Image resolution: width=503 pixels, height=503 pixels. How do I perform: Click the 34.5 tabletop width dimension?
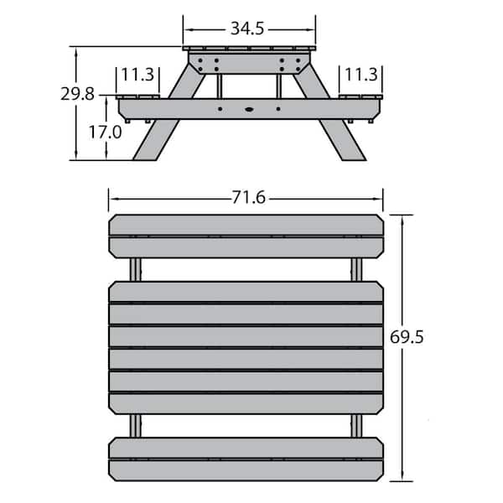coord(247,29)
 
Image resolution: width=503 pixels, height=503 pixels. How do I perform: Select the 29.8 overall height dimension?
coord(78,94)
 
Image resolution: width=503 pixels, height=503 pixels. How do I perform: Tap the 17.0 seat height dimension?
coord(106,132)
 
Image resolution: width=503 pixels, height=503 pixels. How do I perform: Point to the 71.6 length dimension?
coord(249,197)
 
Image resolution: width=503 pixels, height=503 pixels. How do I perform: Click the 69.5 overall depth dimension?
coord(407,337)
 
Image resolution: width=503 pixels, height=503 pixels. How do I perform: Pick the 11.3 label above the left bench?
coord(138,75)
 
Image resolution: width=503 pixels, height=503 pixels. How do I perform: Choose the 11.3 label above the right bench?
coord(361,75)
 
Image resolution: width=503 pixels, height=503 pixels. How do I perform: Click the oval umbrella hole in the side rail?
coord(249,109)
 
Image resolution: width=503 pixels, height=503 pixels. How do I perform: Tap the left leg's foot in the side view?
coord(145,158)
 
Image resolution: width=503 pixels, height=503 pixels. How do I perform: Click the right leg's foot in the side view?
coord(354,158)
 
